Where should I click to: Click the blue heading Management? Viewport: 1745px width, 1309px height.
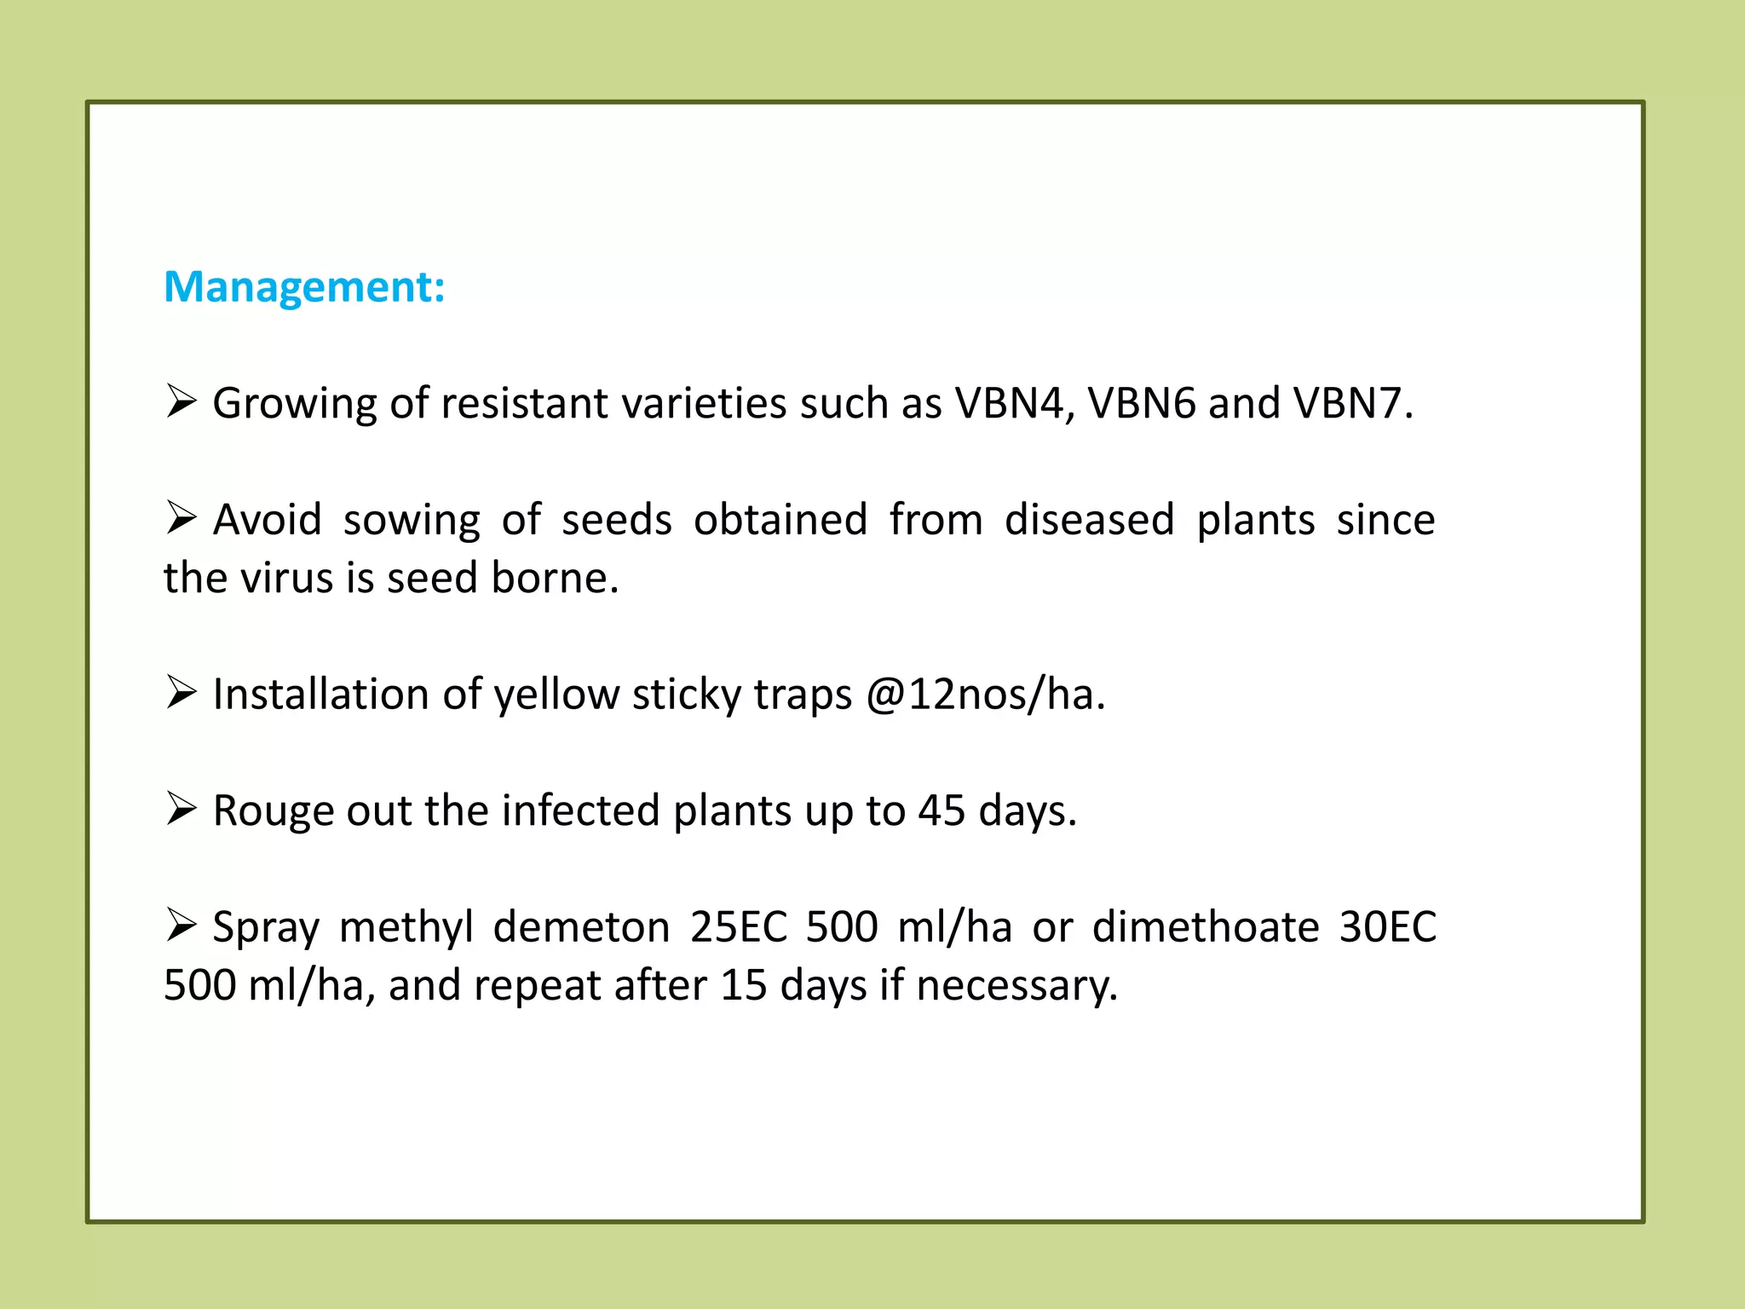[304, 287]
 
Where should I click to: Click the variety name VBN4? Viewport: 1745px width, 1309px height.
[1008, 403]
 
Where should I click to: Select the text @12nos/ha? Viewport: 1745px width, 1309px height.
[985, 695]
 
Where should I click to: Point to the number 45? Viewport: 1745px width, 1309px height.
[942, 810]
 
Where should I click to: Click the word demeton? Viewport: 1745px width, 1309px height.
[581, 927]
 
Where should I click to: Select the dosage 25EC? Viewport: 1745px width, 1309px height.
[739, 927]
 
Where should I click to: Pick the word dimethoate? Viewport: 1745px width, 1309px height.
[1206, 927]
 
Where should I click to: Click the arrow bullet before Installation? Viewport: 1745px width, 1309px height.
[181, 693]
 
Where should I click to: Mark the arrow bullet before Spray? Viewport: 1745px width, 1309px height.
[181, 926]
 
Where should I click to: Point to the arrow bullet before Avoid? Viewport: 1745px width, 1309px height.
[181, 518]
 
